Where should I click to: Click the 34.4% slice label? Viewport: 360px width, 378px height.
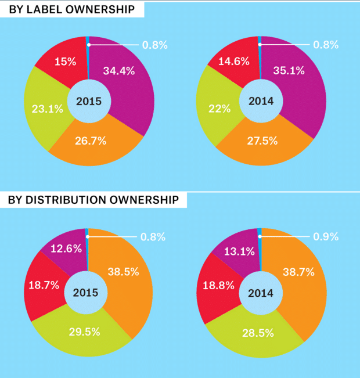click(119, 71)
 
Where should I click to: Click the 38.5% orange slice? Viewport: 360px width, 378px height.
click(125, 279)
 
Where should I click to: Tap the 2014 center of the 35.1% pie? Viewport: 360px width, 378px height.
click(261, 101)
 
